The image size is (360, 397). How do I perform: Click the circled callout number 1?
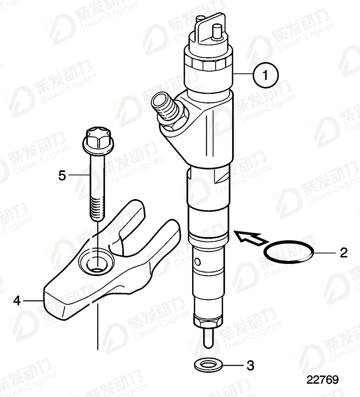[265, 75]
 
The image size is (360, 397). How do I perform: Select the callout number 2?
[343, 253]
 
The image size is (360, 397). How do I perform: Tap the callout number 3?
[250, 366]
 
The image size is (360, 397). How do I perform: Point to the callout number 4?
[17, 300]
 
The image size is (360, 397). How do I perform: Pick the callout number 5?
[62, 176]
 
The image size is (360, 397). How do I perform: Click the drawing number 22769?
[322, 380]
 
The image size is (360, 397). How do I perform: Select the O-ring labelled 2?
[288, 253]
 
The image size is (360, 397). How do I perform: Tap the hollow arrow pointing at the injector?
[249, 238]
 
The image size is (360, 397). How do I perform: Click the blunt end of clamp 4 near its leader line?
[53, 301]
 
